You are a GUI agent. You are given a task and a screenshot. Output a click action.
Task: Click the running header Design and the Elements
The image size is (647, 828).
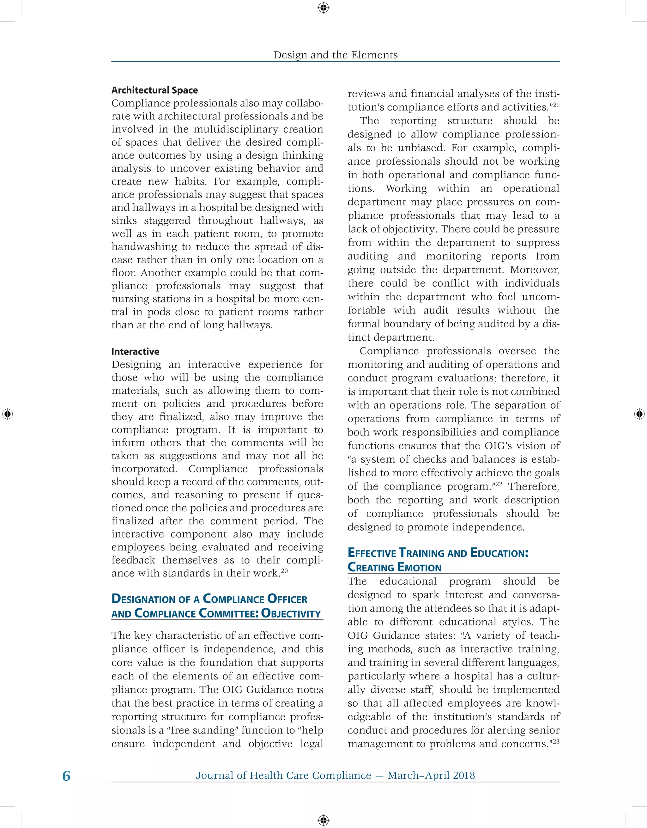coord(336,55)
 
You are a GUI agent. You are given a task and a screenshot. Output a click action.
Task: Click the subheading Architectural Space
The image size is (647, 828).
coord(155,90)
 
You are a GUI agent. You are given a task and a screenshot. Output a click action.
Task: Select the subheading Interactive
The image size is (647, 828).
coord(135,351)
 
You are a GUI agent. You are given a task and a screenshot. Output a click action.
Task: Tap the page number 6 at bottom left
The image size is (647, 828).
coord(66,776)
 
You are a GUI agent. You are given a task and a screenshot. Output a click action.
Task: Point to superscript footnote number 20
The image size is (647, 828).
coord(285,570)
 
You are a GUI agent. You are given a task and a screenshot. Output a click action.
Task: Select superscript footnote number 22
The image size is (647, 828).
coord(499,484)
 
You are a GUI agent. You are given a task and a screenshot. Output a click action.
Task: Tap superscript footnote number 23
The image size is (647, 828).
coord(556,741)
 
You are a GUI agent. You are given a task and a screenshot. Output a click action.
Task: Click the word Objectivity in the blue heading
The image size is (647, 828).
coord(291,613)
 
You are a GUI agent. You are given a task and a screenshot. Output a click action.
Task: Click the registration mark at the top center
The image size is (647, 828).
coord(323,7)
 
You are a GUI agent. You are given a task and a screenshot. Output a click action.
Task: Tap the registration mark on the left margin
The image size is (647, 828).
coord(7,414)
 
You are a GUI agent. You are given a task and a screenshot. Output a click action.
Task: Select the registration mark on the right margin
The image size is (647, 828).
coord(639,414)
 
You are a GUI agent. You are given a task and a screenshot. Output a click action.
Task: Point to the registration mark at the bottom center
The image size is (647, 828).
coord(323,820)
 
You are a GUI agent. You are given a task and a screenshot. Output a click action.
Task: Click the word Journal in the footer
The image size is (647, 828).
coord(215,775)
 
